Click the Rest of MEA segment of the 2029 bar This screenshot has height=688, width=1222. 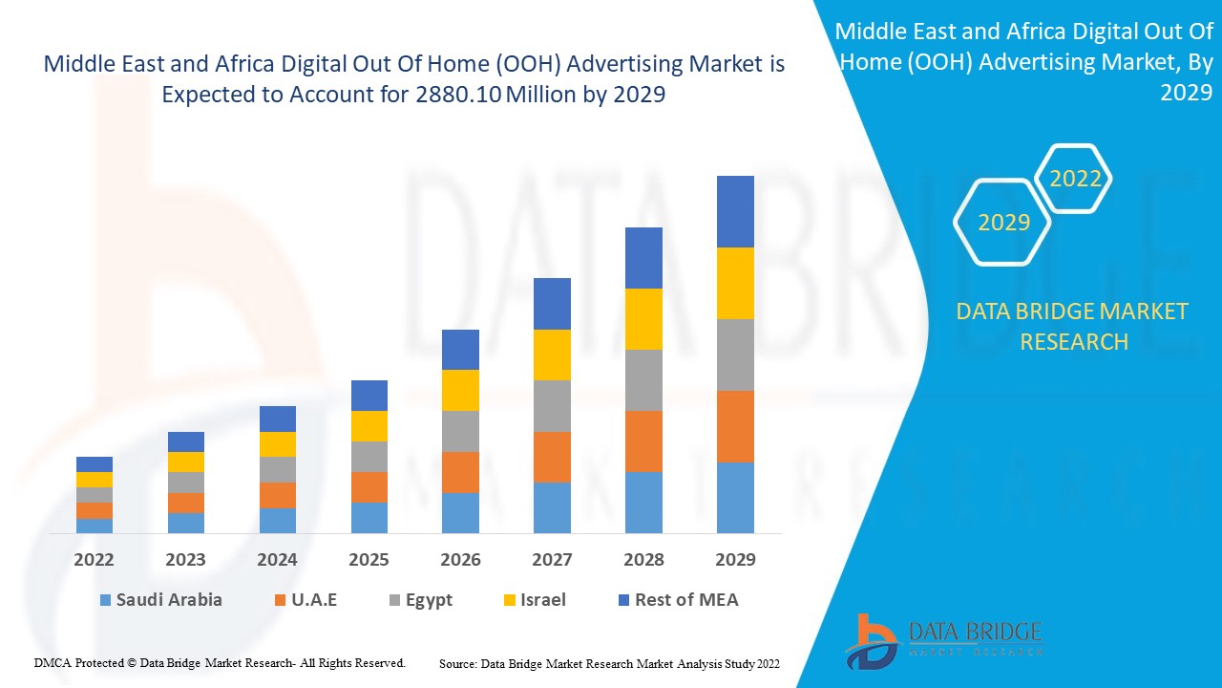point(735,211)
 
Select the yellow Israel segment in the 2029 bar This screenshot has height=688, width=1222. point(735,283)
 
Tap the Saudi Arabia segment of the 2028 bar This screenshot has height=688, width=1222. point(643,502)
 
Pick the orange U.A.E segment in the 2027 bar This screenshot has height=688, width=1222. point(552,457)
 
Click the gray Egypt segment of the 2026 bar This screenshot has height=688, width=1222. point(460,431)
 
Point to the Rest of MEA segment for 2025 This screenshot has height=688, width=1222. point(369,396)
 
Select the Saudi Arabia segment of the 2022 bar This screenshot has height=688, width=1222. point(95,526)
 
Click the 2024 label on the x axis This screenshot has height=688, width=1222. point(277,559)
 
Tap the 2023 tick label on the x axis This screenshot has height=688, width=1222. point(185,559)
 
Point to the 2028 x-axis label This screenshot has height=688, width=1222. point(643,559)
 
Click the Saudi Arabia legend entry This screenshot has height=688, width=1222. point(160,600)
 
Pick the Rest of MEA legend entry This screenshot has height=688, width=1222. point(677,600)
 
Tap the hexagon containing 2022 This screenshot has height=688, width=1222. point(1075,179)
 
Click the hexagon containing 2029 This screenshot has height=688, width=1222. point(1003,222)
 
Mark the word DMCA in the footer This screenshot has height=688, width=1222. point(53,662)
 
